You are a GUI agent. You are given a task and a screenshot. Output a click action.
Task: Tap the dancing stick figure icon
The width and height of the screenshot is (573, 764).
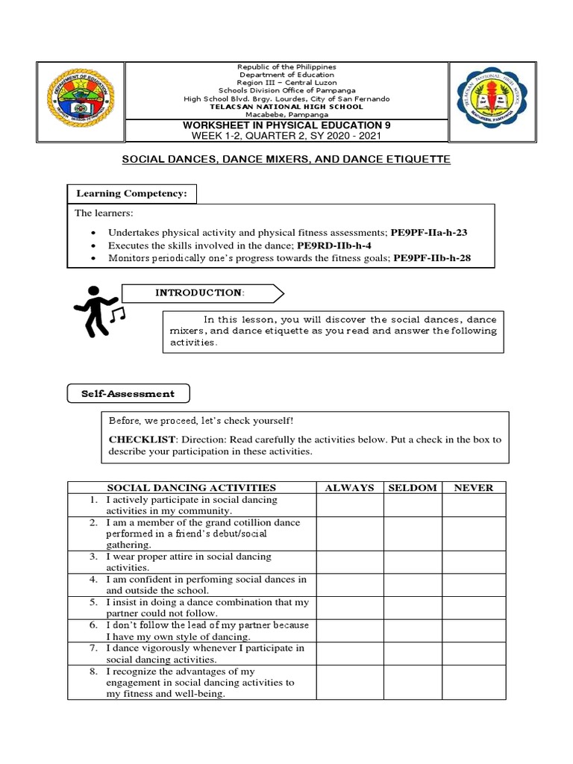point(98,310)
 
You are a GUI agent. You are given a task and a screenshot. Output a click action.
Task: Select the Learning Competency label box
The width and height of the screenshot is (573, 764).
point(133,194)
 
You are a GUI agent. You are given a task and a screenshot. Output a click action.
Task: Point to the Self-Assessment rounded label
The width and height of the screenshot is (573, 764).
point(128,393)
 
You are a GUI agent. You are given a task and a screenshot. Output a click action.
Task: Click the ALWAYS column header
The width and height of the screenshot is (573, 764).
point(349,487)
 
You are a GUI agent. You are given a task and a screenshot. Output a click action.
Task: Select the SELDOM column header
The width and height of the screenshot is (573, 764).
point(413,487)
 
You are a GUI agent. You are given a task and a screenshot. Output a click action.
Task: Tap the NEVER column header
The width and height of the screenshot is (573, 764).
point(474,487)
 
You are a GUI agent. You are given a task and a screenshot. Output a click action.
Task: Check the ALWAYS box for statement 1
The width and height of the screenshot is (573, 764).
point(349,505)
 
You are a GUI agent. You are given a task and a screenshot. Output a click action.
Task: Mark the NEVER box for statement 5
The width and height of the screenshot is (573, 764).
point(474,607)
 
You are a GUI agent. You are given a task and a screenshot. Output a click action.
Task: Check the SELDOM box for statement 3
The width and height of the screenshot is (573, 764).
point(413,562)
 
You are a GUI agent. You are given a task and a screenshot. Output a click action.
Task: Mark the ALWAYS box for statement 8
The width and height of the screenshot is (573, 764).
point(349,683)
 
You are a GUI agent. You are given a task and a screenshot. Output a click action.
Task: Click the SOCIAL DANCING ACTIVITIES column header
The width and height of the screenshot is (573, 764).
point(192,487)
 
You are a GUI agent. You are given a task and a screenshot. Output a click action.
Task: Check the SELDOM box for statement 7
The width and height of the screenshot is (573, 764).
point(413,654)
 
